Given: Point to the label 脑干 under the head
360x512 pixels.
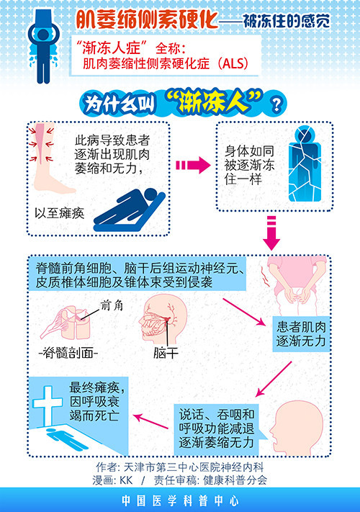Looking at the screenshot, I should [166, 353].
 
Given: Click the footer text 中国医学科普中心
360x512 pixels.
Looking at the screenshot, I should [179, 500].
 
